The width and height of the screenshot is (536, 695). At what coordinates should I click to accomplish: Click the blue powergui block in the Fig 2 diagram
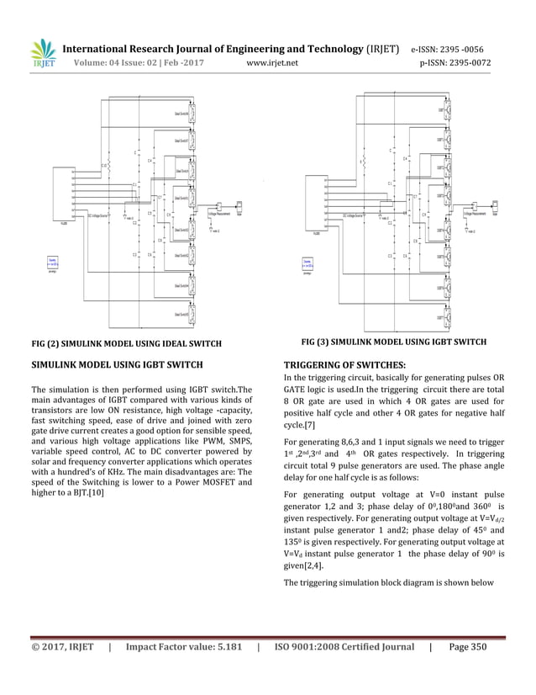click(51, 263)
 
